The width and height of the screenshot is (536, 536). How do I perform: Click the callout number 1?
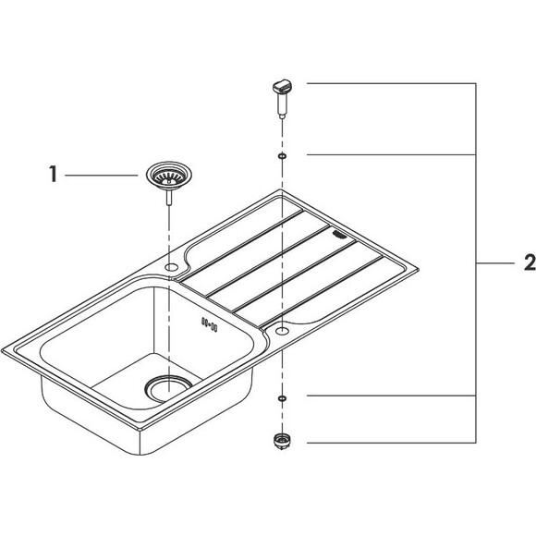click(x=55, y=174)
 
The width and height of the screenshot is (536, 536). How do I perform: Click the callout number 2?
click(x=528, y=263)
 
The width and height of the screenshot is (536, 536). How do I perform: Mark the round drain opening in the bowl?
click(x=169, y=385)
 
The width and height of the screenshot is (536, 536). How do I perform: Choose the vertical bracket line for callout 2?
click(x=476, y=263)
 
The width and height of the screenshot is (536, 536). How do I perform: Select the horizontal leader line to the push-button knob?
click(x=388, y=84)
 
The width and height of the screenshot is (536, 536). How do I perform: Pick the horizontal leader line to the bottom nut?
click(x=388, y=441)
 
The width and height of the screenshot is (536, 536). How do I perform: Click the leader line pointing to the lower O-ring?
click(x=388, y=396)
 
